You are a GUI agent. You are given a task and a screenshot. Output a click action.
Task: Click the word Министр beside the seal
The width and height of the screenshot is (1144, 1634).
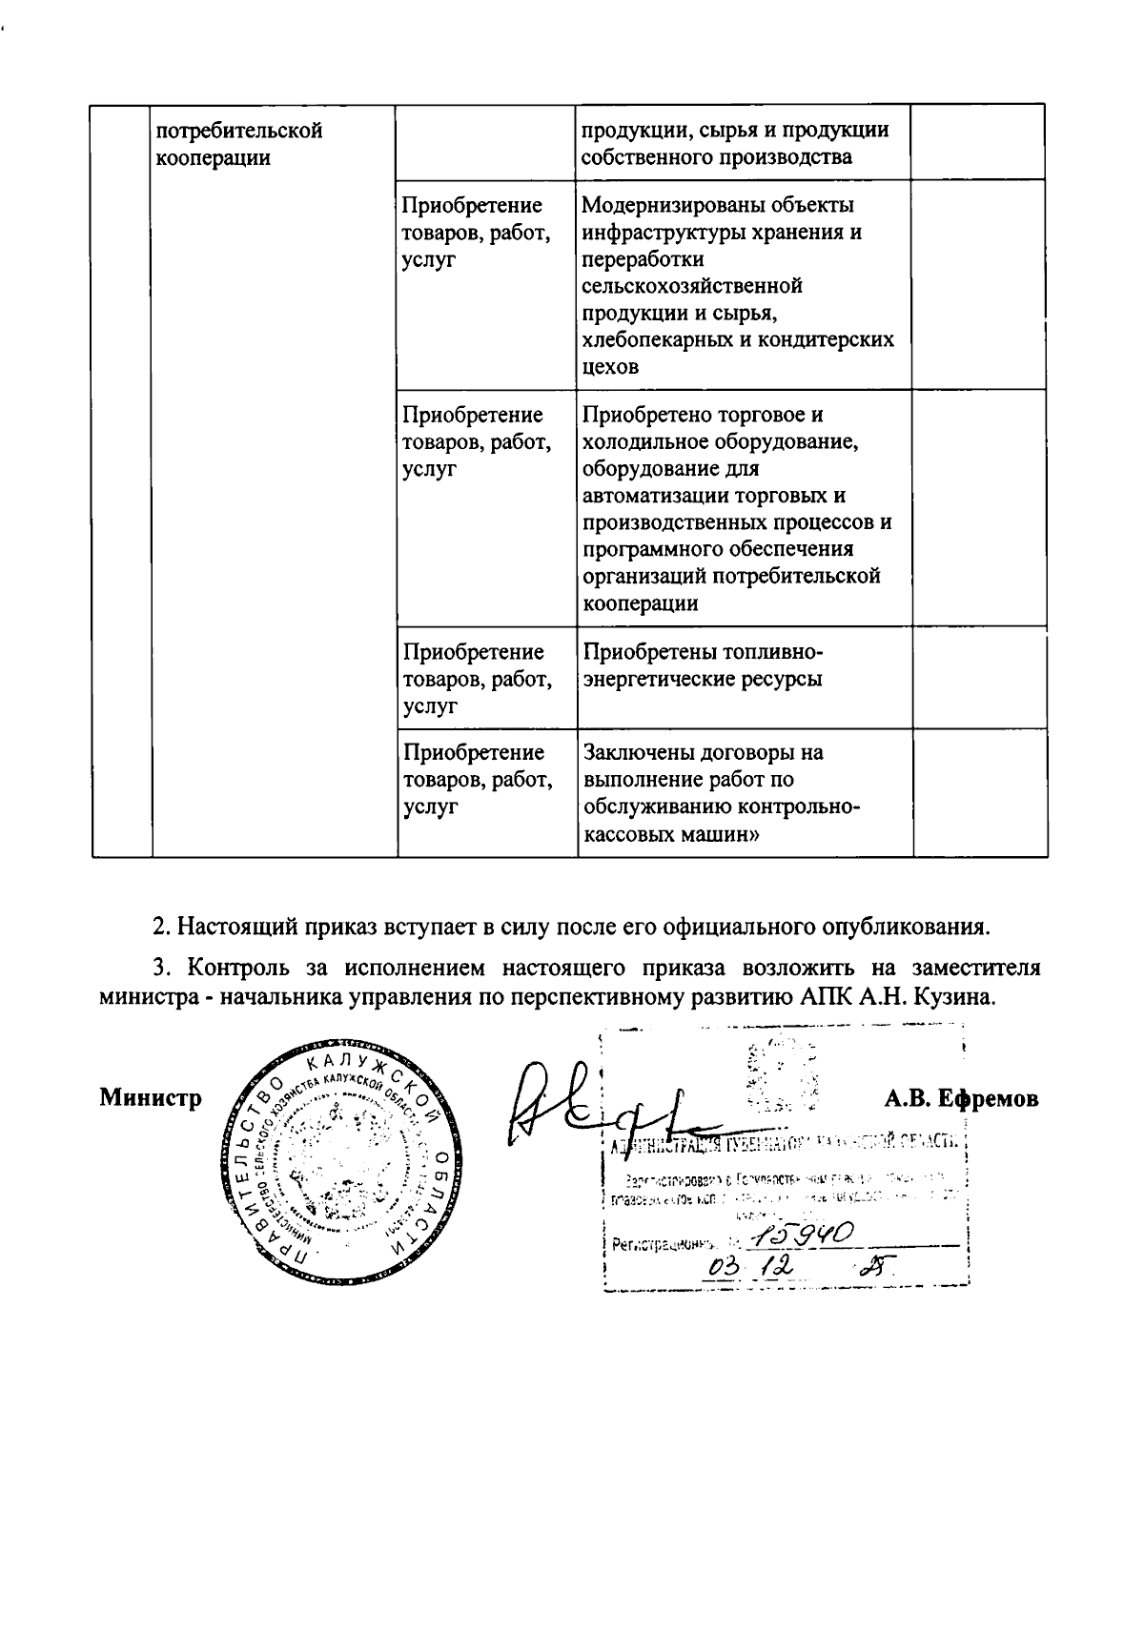pos(151,1098)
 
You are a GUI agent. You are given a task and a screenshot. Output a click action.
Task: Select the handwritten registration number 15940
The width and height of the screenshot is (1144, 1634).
pos(803,1236)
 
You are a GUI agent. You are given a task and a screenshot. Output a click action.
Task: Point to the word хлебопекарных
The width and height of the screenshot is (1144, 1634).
pos(655,339)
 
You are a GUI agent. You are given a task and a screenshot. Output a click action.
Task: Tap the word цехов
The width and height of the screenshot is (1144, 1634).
pos(610,366)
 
